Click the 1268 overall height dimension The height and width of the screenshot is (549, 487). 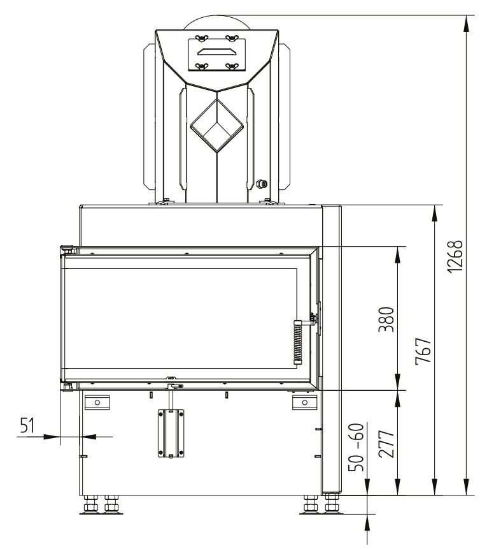tap(455, 256)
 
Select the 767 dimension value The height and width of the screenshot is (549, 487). tap(423, 351)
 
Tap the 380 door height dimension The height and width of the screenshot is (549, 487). tap(386, 319)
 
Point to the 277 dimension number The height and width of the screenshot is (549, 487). tap(386, 444)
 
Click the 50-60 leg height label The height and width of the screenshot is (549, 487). tap(356, 447)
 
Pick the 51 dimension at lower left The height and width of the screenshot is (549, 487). tap(27, 425)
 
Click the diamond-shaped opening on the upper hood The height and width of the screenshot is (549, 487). tap(216, 126)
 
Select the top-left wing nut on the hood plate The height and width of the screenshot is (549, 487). tap(201, 38)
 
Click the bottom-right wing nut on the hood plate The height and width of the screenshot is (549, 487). tap(232, 66)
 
